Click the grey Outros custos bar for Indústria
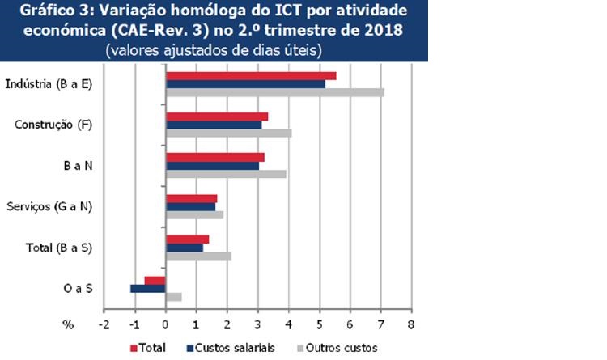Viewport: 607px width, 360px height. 275,91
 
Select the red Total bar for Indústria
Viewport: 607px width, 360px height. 251,75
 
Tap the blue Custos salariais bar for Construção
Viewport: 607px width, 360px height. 214,125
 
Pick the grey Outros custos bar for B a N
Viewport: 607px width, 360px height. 226,173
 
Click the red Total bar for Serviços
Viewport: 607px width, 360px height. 191,198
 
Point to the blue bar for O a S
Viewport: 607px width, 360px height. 148,288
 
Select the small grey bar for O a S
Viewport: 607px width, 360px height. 173,297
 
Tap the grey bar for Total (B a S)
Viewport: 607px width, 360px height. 198,256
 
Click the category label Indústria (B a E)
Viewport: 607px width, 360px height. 48,83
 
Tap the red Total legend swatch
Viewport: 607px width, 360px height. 134,348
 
